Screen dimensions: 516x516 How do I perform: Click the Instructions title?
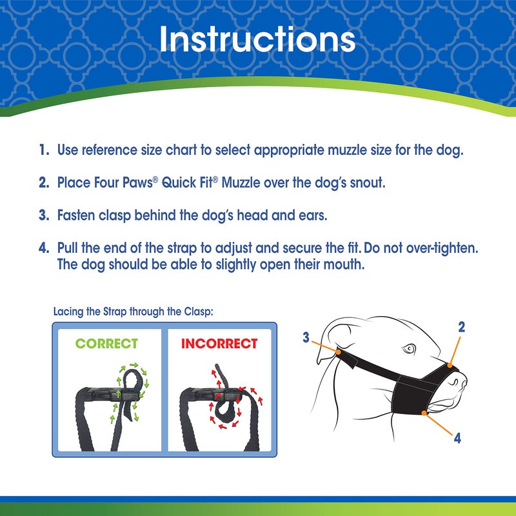(257, 39)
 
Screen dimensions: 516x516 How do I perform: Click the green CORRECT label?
(106, 344)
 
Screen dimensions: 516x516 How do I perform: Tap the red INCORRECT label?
(219, 344)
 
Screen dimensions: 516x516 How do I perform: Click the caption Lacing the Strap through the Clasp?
(134, 311)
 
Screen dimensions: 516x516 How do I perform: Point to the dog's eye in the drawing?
(408, 350)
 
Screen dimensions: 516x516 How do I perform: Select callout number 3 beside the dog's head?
(307, 337)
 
